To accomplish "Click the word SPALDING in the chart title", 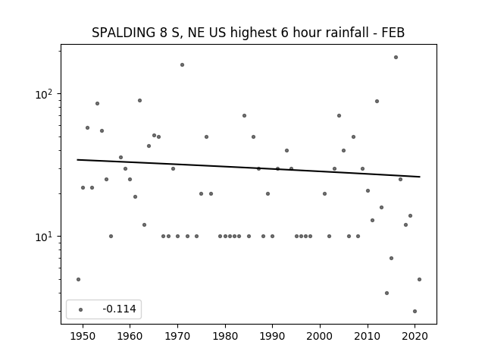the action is click(x=124, y=33).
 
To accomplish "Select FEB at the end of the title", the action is click(x=393, y=33).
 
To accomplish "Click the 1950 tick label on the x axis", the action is click(x=83, y=336).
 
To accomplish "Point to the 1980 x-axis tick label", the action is click(x=225, y=336).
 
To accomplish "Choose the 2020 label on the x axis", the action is click(x=415, y=336).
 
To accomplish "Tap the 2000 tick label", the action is click(x=320, y=336).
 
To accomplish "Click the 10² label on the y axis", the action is click(x=45, y=94).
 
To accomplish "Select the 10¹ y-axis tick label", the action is click(x=45, y=237).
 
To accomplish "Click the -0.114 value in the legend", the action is click(x=119, y=309).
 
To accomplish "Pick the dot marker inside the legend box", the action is click(x=81, y=309).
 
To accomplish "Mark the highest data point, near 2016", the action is click(x=396, y=58).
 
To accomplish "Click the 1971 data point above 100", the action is click(x=182, y=64).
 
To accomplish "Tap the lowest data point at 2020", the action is click(x=415, y=311).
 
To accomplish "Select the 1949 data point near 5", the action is click(x=78, y=279).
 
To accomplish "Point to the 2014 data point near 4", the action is click(x=386, y=293).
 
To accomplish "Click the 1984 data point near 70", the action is click(x=244, y=115).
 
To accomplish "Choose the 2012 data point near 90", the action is click(x=377, y=101).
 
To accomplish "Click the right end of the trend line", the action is click(x=420, y=177).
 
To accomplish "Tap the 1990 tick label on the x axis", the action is click(x=273, y=336).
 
